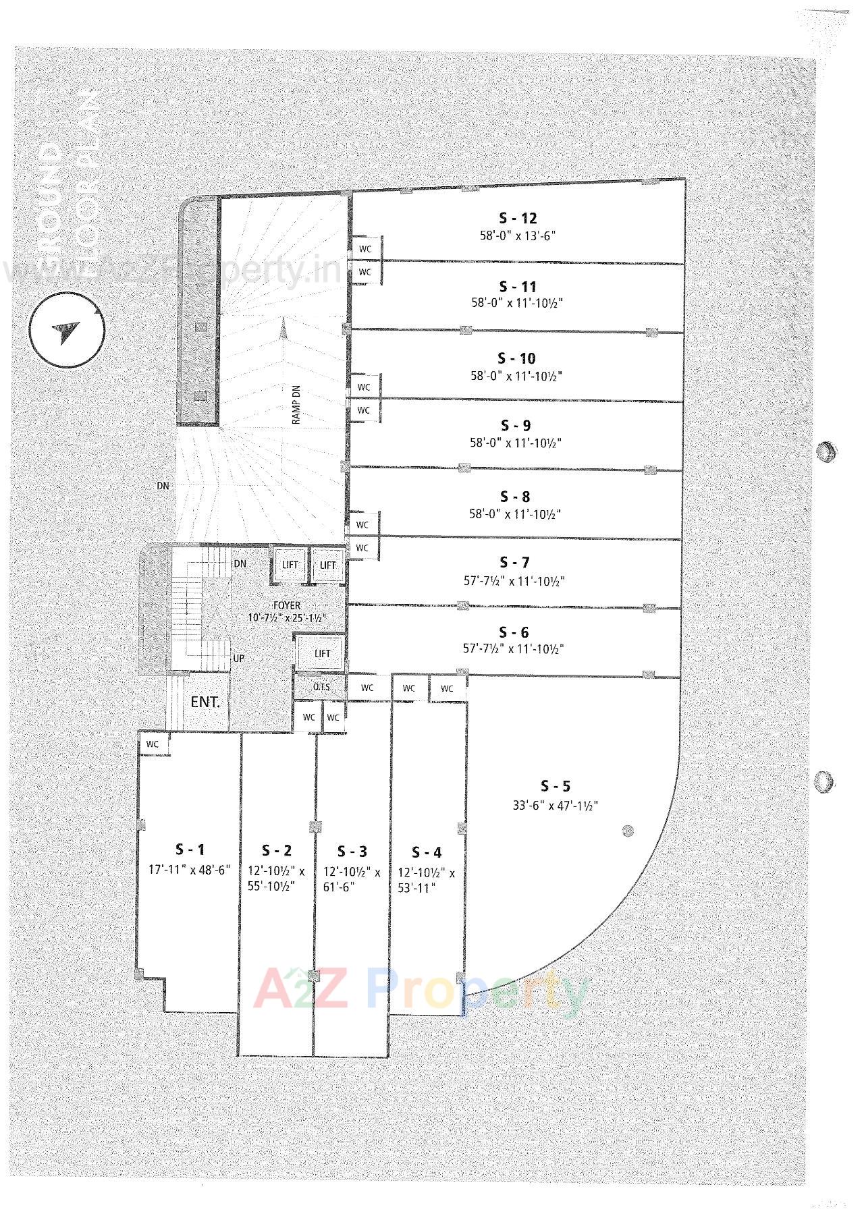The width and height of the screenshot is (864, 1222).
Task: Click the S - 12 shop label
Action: (518, 219)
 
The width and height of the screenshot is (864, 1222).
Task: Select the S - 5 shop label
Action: (556, 786)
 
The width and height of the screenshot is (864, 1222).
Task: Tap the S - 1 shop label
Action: (190, 850)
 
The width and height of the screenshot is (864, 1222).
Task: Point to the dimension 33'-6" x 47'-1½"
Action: (556, 805)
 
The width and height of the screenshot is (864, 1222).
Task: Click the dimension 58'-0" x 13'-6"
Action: (518, 236)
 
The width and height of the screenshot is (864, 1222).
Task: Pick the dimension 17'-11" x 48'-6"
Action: (190, 870)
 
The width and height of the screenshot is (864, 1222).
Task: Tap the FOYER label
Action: (287, 606)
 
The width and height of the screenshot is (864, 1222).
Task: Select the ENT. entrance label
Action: (205, 702)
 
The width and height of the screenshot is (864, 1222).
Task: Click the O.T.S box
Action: (321, 687)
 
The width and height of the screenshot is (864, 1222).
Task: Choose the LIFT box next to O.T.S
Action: (323, 653)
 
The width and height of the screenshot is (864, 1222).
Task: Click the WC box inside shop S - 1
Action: (153, 744)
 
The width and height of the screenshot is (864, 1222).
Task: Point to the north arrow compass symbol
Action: (67, 331)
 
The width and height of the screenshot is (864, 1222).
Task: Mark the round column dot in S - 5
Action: (628, 831)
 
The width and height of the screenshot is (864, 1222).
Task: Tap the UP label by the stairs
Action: (238, 658)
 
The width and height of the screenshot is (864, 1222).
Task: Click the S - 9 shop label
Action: (516, 426)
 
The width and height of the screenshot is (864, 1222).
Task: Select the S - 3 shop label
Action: (352, 852)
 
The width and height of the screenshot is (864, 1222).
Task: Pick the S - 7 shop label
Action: (514, 562)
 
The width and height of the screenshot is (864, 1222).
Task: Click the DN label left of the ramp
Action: (163, 486)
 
